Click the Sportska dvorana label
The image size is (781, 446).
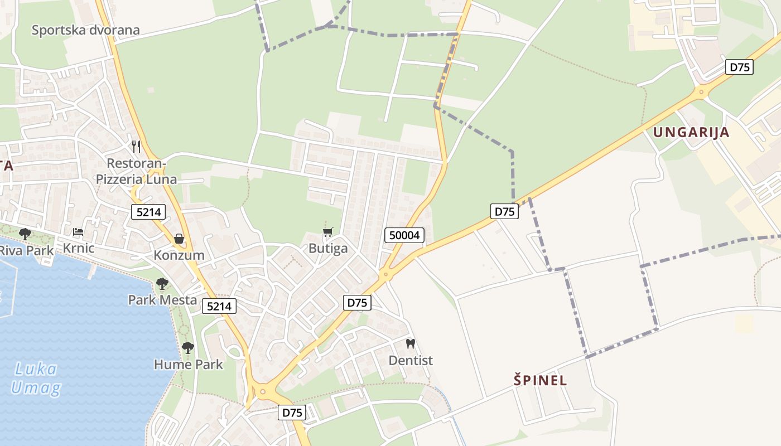click(x=85, y=30)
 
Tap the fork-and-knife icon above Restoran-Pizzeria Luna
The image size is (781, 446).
click(x=136, y=147)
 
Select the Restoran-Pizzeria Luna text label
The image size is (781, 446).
click(x=136, y=172)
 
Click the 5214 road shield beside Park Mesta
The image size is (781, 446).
click(x=219, y=306)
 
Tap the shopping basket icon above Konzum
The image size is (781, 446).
click(x=179, y=239)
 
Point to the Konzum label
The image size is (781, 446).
click(x=179, y=255)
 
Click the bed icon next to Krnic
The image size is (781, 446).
click(x=78, y=232)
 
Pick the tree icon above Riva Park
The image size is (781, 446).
click(x=25, y=234)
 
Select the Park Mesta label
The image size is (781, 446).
click(x=162, y=300)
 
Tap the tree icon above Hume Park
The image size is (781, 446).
click(x=188, y=348)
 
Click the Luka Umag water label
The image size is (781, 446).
click(x=35, y=379)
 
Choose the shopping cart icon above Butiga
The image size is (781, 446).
click(x=328, y=232)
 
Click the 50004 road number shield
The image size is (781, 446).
click(x=404, y=235)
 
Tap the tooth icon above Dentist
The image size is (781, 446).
click(x=411, y=344)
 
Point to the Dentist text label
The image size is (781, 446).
click(x=411, y=361)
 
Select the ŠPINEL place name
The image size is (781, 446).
click(x=540, y=381)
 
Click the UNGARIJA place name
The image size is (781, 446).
click(x=691, y=132)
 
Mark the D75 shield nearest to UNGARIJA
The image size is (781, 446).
click(x=740, y=67)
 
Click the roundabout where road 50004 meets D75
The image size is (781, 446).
click(x=384, y=275)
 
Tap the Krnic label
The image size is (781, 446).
click(x=79, y=248)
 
